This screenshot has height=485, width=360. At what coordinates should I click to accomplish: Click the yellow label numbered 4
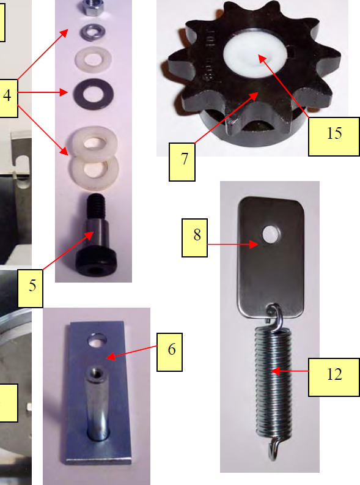point(7,97)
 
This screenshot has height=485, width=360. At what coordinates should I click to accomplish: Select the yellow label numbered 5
point(31,286)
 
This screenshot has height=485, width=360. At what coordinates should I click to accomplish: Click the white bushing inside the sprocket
point(251,58)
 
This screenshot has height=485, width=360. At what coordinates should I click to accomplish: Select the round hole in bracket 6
point(97,338)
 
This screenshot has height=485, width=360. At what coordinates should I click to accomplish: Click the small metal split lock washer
point(92,29)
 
